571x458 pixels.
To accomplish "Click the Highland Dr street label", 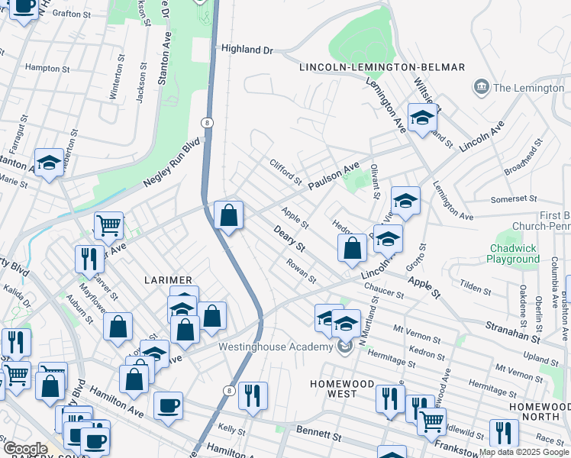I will (247, 49).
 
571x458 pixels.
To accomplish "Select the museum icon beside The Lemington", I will (482, 88).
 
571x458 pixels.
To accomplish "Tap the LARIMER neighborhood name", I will (169, 280).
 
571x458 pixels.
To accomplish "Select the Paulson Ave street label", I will (333, 177).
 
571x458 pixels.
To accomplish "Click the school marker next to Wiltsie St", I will (422, 118).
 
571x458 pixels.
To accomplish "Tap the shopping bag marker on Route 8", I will (228, 215).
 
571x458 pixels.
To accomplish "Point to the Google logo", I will (24, 449).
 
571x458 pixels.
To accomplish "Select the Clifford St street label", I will (285, 171).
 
